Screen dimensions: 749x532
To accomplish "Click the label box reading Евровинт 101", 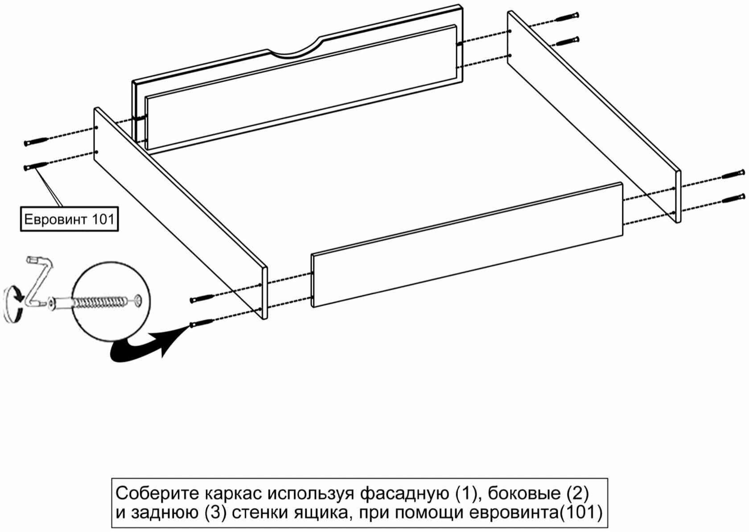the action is pos(69,219).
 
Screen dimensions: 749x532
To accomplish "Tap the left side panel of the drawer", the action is pos(178,210).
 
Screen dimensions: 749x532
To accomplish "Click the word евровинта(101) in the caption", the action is pos(535,513).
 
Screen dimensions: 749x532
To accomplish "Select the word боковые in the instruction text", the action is pos(524,494).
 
